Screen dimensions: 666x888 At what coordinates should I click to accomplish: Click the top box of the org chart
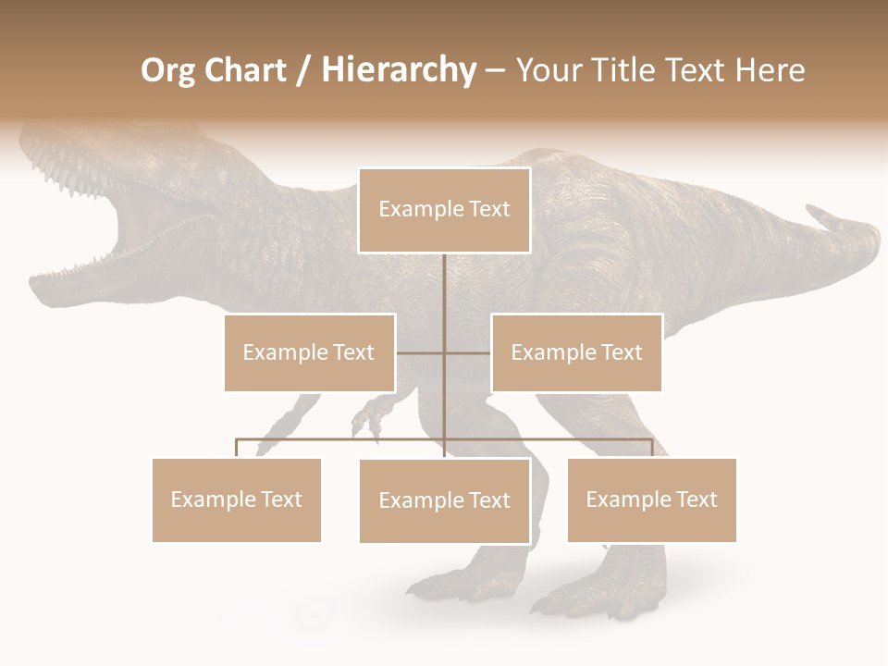point(444,210)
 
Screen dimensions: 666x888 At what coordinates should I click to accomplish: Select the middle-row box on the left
point(309,352)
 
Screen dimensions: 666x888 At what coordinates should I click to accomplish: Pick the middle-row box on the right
point(576,352)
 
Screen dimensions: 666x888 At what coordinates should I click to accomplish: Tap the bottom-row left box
point(237,499)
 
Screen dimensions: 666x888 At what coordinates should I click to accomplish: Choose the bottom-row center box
point(444,500)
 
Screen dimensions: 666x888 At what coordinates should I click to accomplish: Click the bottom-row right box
point(651,499)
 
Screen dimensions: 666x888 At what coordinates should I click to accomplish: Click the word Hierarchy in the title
point(398,70)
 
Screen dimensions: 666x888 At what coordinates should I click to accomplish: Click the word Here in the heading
point(770,70)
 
